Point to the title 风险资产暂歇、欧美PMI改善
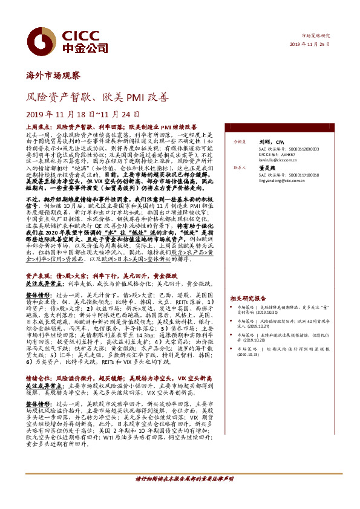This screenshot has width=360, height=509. (x=98, y=96)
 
